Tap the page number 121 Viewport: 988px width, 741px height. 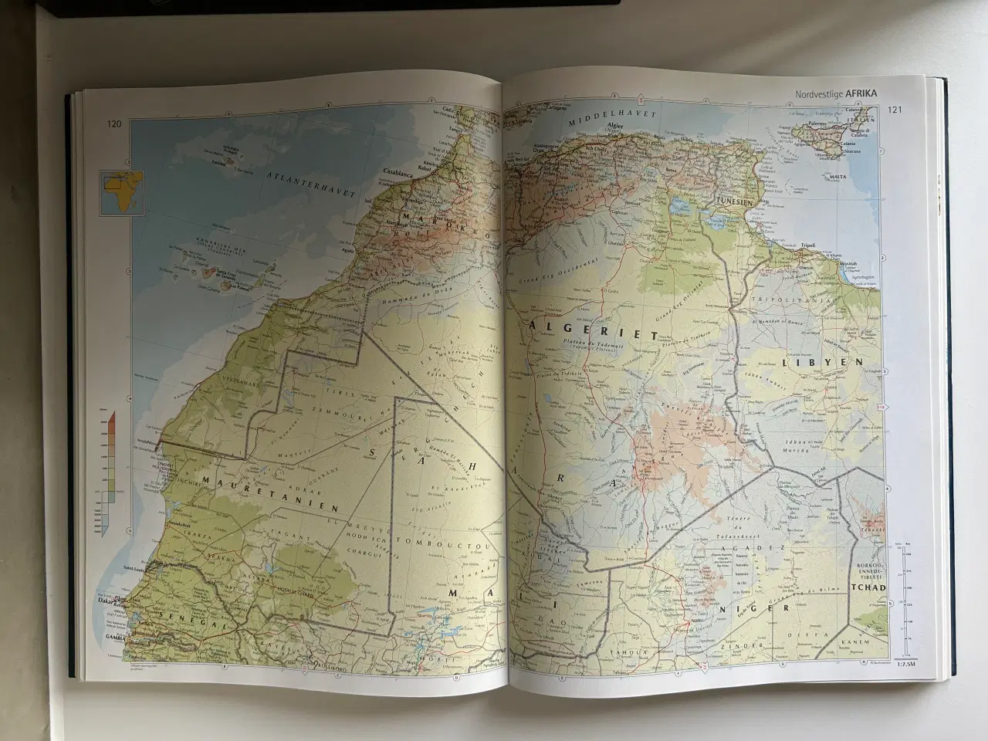tap(895, 110)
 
